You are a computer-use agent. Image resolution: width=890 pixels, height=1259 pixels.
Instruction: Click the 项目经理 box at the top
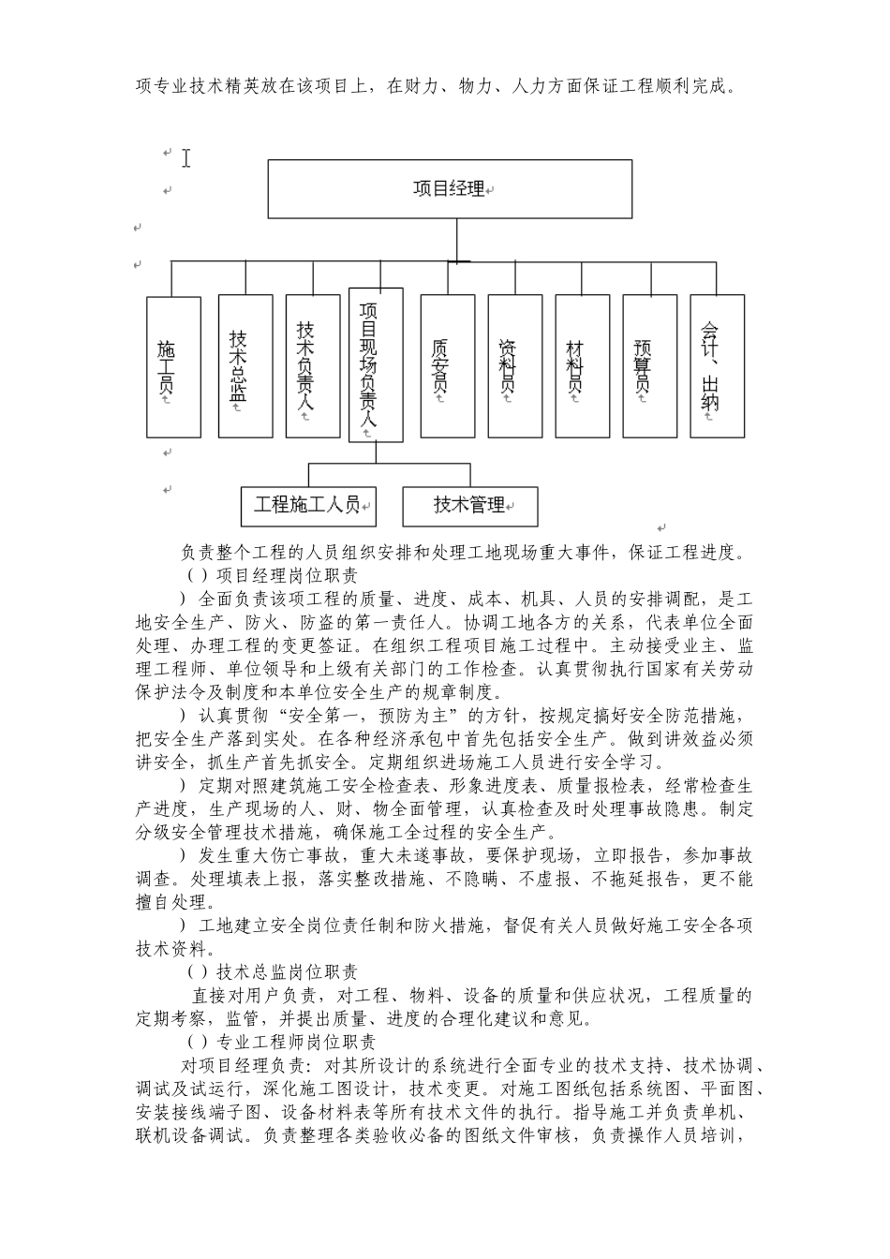tap(450, 189)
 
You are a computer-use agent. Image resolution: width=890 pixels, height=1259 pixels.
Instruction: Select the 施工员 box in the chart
tap(173, 367)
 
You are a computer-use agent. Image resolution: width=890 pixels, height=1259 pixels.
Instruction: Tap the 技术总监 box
tap(245, 366)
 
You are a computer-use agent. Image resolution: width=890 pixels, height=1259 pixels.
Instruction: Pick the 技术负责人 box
tap(313, 366)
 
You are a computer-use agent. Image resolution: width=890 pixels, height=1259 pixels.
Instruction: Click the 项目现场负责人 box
tap(376, 365)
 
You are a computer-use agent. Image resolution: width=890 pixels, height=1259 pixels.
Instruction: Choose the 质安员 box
tap(448, 366)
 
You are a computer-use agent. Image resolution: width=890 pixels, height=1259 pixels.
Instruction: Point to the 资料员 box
tap(514, 366)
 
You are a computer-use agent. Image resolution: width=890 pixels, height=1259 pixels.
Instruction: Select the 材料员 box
tap(582, 366)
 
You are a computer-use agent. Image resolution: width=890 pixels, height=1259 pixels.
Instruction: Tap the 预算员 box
tap(649, 366)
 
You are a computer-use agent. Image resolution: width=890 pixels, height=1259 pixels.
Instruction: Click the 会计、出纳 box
tap(717, 366)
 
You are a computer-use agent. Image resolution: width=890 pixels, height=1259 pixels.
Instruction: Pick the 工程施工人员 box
tap(308, 506)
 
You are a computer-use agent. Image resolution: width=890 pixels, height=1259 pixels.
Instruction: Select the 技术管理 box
tap(470, 506)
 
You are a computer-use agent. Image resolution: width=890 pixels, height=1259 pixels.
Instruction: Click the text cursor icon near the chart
tap(186, 158)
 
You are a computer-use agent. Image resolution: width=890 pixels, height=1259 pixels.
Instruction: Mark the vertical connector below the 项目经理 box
tap(457, 240)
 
